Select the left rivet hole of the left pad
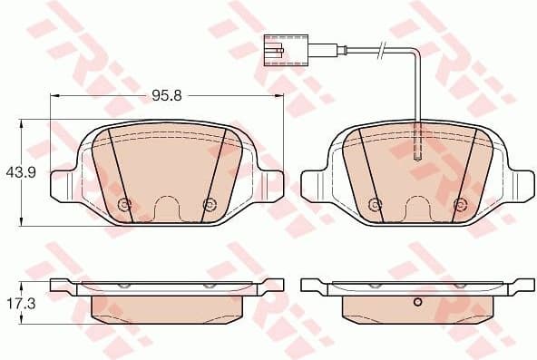coord(125,203)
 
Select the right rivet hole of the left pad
coord(209,203)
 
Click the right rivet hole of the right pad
coord(459,203)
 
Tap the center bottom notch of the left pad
coord(167,209)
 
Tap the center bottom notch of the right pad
coord(417,209)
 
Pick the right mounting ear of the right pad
coord(520,184)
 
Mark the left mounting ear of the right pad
coord(314,184)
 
